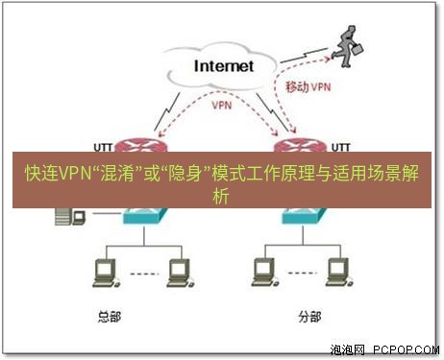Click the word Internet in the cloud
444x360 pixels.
(223, 66)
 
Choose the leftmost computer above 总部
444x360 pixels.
(103, 273)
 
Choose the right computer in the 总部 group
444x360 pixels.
(176, 273)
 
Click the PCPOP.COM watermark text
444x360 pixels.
(403, 349)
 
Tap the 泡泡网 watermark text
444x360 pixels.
(345, 349)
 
